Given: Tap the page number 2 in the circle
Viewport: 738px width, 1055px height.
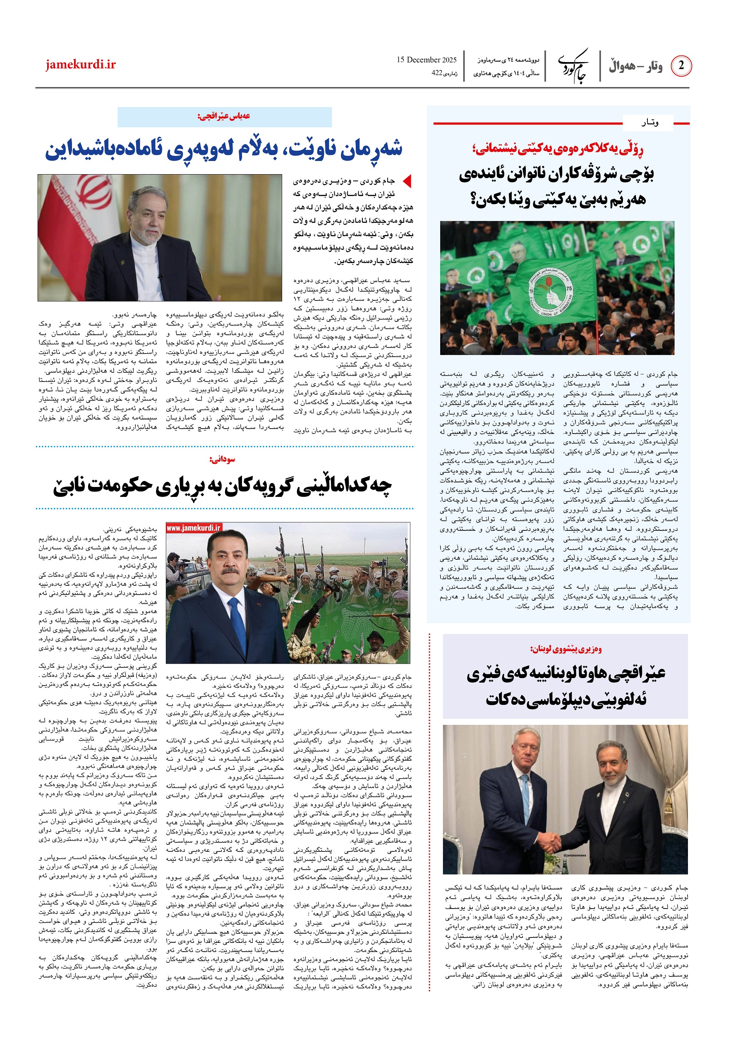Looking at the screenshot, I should [x=680, y=66].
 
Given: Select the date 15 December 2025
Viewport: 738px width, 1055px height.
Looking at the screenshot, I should [x=427, y=60].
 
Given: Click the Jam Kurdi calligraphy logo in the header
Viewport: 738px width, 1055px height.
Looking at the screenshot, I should [x=573, y=66].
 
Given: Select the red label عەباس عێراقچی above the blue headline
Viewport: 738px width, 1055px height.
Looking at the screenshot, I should [x=224, y=116].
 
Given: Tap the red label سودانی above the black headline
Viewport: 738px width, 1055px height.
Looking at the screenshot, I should [x=222, y=459].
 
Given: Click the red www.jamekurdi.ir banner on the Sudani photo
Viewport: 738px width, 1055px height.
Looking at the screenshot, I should [x=194, y=528].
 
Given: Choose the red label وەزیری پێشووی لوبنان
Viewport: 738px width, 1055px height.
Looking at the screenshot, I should [x=565, y=649].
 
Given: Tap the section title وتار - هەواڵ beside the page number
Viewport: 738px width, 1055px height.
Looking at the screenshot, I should [x=635, y=67].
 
